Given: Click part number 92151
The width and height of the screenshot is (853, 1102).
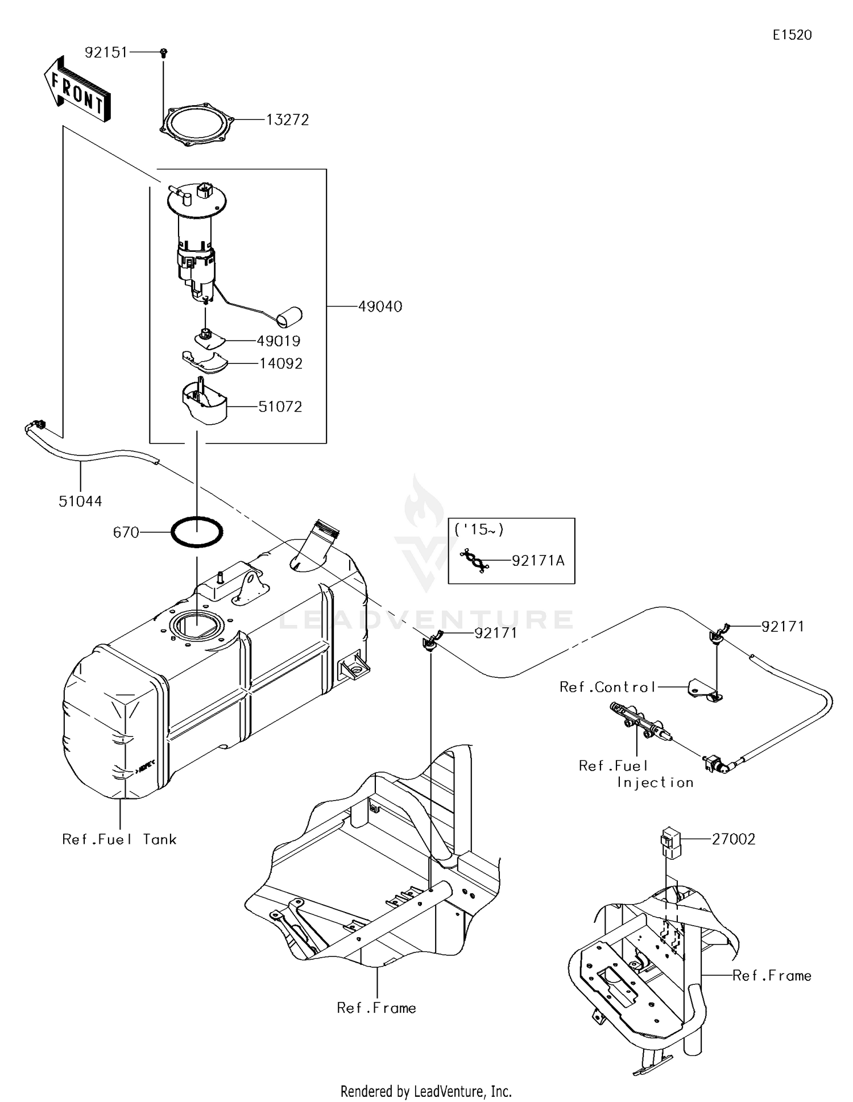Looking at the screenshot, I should point(106,52).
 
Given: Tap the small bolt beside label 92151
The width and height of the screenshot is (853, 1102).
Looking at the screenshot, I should point(164,52).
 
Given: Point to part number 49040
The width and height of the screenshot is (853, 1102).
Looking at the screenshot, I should point(380,306).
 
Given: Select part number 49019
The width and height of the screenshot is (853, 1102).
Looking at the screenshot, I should point(279,341).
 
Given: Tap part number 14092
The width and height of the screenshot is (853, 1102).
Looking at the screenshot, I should point(281,363).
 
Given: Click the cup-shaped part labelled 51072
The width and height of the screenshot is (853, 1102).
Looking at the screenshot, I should point(204,403).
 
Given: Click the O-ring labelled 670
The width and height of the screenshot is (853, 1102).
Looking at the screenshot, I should point(197,532).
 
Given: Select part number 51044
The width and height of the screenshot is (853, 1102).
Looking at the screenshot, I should point(80,501).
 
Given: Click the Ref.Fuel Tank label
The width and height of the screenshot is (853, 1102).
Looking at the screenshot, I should point(119,839).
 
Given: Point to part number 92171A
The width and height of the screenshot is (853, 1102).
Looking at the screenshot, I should point(538,561).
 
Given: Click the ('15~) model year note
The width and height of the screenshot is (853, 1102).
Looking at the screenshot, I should point(479,530).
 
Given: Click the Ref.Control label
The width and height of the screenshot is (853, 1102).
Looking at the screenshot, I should point(607,687).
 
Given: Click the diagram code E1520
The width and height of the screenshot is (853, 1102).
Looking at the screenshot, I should point(792,35).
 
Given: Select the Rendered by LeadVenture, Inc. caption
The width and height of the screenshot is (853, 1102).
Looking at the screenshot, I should point(426,1091).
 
